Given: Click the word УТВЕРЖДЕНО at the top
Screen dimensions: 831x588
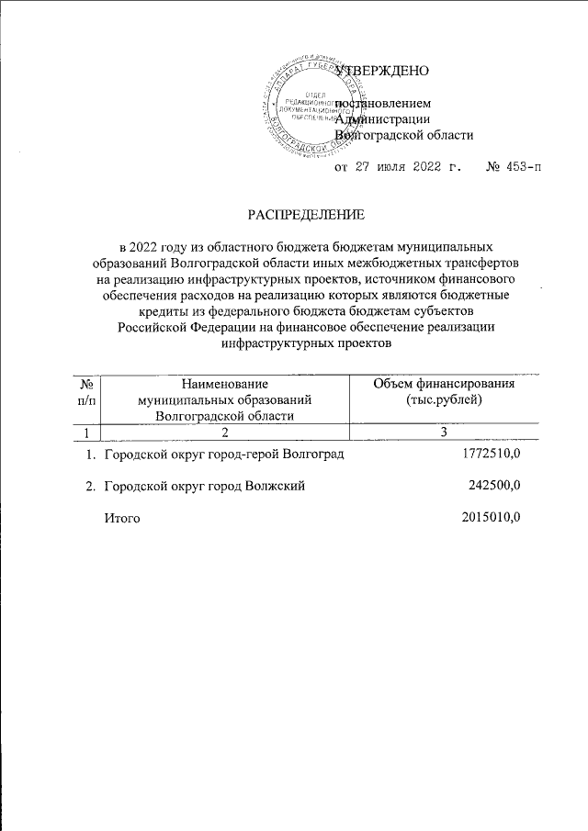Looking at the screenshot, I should tap(382, 71).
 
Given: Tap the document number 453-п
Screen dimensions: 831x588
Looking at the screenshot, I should tap(513, 167).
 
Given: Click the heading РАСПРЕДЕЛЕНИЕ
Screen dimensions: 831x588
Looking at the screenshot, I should tap(307, 215).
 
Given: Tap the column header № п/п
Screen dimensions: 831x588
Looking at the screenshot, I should tap(85, 392).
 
